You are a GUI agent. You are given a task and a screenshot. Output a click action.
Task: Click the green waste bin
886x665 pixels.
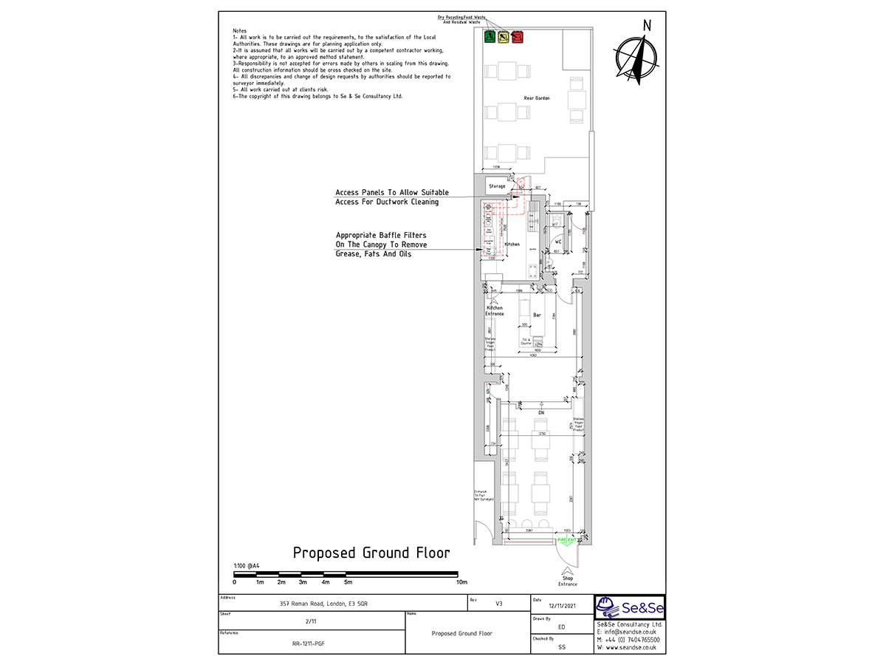[x=488, y=36]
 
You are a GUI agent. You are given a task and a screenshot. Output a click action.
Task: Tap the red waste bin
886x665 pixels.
[x=516, y=36]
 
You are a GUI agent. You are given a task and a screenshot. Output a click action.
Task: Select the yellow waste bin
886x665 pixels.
[x=502, y=36]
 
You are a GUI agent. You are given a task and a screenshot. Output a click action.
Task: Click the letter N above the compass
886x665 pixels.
[x=647, y=26]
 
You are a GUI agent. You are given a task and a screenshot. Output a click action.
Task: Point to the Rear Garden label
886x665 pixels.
[x=538, y=98]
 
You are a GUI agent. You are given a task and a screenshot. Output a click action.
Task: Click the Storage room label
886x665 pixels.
[x=498, y=186]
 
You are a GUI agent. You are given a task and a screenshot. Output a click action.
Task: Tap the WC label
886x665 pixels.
[x=559, y=242]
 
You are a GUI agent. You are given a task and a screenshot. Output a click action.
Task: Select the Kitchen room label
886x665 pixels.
[x=512, y=244]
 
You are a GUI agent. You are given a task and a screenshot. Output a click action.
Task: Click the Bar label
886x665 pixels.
[x=537, y=316]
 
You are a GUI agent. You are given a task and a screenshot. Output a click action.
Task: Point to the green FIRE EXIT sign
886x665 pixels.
[x=566, y=542]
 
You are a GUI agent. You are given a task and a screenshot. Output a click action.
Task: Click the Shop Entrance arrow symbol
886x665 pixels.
[x=567, y=570]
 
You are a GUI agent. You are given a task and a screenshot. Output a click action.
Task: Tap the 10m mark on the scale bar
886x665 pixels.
[x=461, y=582]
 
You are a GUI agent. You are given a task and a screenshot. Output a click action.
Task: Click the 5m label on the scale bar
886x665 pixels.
[x=348, y=582]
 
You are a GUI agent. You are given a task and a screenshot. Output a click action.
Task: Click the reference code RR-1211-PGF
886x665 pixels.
[x=309, y=644]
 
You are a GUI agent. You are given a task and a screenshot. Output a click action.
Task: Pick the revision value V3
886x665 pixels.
[x=499, y=604]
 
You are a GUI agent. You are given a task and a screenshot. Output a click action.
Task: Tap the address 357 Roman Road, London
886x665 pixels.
[x=324, y=604]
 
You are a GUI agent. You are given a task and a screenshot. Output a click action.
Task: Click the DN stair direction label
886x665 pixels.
[x=541, y=412]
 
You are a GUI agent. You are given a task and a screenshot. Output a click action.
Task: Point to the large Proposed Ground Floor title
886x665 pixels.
[x=371, y=553]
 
